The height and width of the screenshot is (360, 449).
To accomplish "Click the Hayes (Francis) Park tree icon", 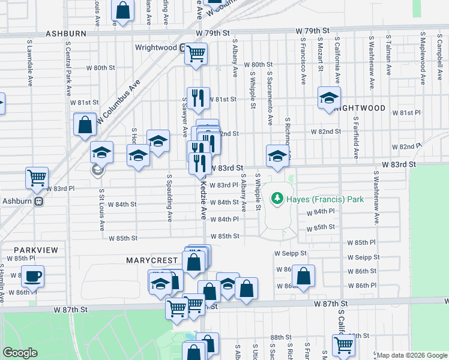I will (277, 197).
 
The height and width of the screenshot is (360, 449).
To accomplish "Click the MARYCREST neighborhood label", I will (152, 260).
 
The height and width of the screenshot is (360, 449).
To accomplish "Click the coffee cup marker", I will (32, 277).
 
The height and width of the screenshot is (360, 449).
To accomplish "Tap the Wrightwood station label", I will (155, 47).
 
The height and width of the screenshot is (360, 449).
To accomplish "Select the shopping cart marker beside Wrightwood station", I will (196, 53).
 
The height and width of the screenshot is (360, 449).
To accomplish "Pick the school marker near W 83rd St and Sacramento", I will (277, 155).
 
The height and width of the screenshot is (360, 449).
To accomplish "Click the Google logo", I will (20, 353).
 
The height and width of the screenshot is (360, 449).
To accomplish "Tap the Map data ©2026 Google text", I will (411, 355).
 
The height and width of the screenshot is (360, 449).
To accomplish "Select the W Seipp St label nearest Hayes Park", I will (291, 254).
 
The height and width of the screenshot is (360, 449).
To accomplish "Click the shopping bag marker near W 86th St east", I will (304, 276).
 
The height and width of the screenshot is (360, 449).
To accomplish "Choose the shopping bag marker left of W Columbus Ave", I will (85, 125).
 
